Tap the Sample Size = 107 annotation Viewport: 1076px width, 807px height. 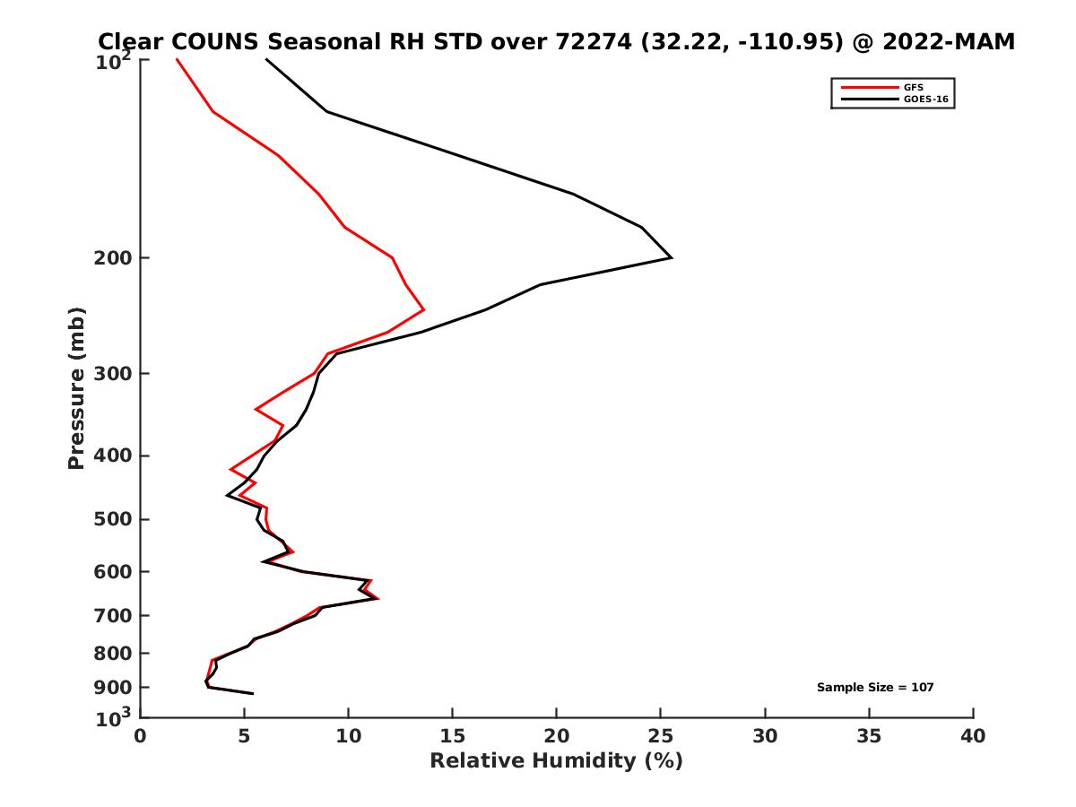(875, 688)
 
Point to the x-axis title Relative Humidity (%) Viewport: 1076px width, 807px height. (556, 761)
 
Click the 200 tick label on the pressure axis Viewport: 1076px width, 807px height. (114, 258)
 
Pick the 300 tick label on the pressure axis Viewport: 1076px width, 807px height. (114, 373)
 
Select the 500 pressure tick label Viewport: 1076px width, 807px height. (114, 519)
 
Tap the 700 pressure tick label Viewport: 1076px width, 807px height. (114, 615)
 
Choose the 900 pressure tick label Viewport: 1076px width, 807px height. (114, 688)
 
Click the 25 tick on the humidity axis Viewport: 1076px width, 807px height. (661, 737)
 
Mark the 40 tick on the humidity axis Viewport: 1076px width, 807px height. (973, 737)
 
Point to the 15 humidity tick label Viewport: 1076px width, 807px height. (453, 737)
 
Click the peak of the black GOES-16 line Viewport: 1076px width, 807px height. (672, 258)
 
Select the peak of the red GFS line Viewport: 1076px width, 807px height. (423, 309)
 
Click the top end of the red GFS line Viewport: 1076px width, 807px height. (177, 59)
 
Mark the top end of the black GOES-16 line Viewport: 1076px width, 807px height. (265, 59)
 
